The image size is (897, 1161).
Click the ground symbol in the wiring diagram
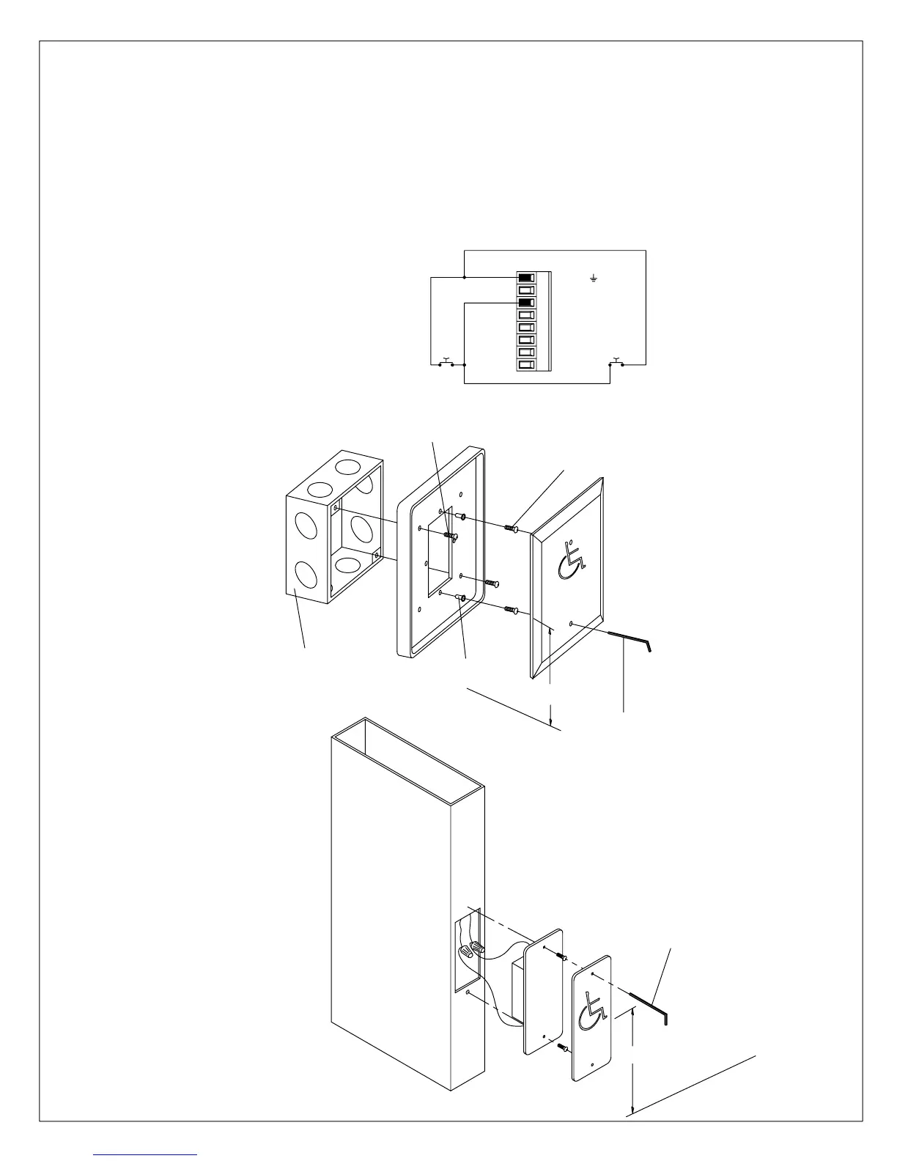(594, 279)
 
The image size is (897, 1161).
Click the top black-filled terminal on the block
(525, 277)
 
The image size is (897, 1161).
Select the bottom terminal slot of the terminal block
(525, 364)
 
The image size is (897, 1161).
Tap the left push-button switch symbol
(446, 362)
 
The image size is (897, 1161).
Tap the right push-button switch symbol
(616, 362)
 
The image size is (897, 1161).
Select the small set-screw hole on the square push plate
(571, 624)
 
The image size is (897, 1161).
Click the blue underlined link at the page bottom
(146, 1154)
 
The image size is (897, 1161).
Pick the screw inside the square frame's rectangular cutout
(449, 537)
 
